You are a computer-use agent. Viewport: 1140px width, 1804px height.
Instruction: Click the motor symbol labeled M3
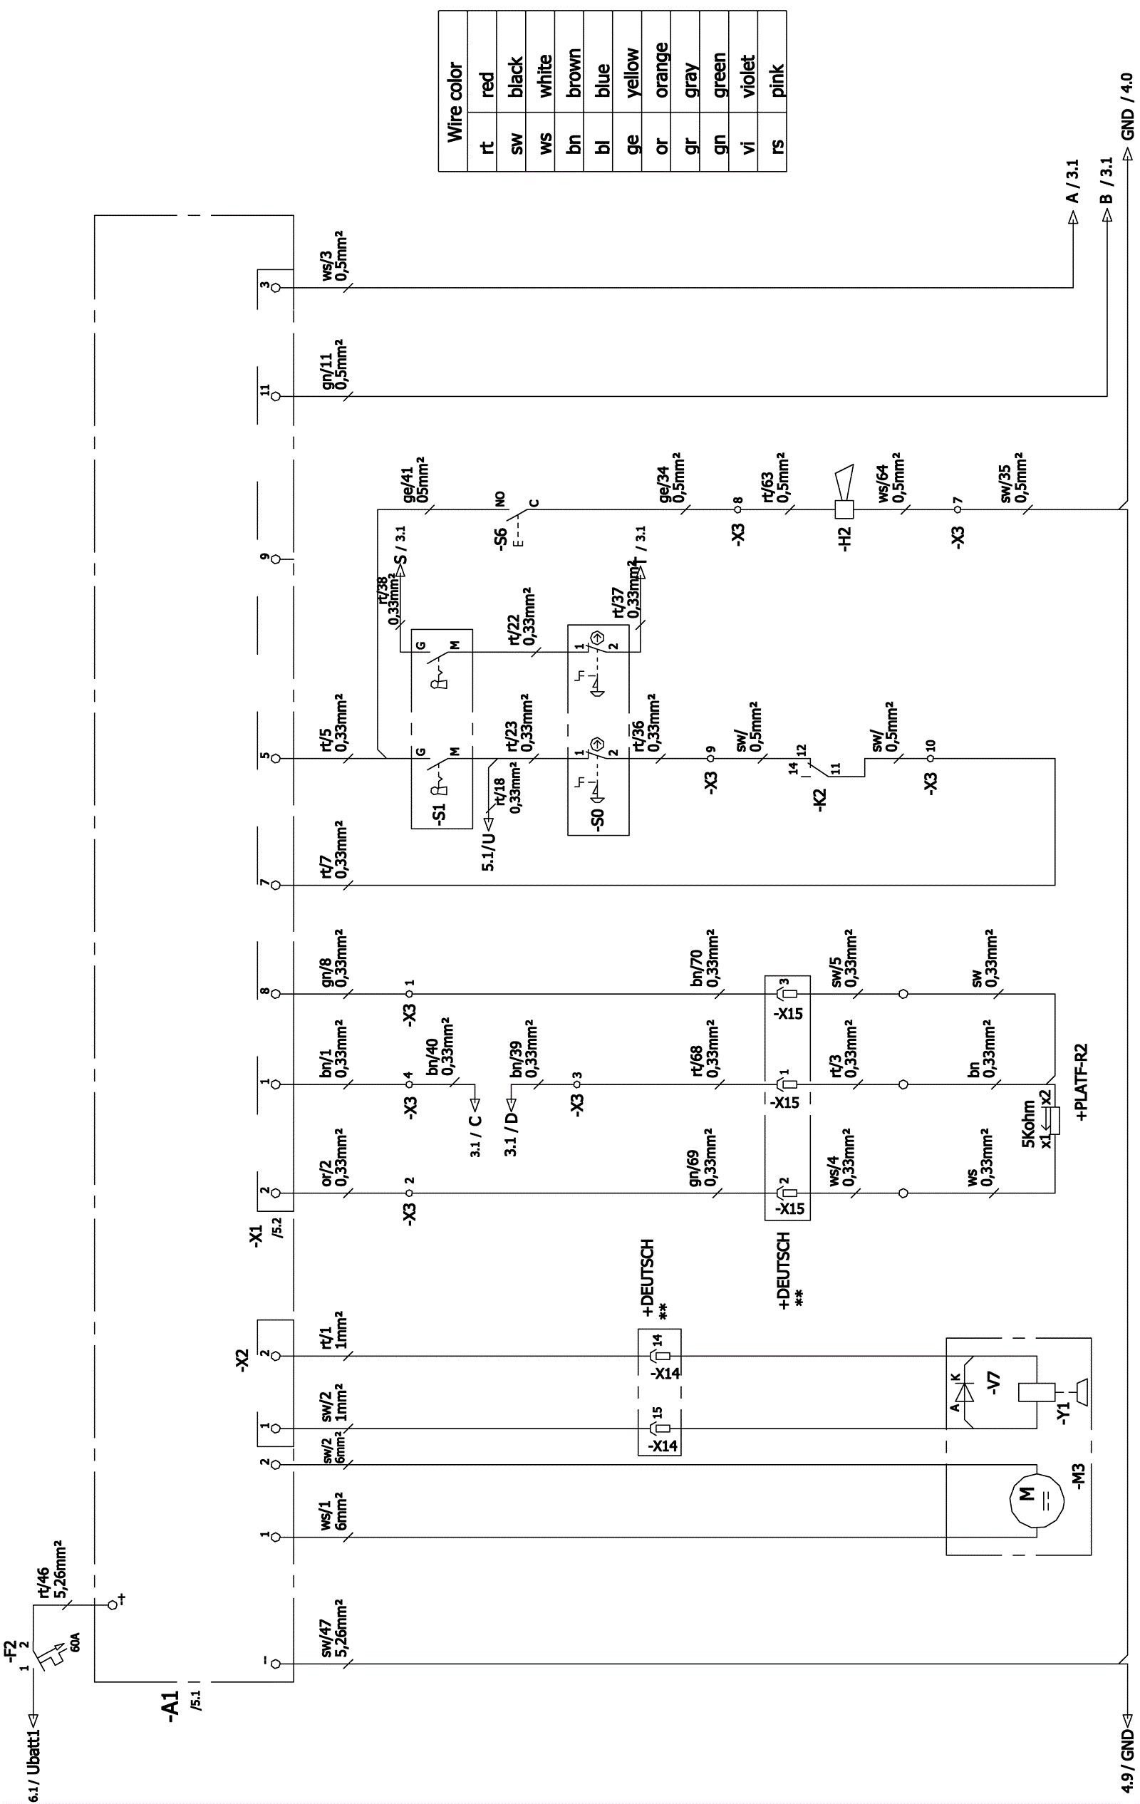coord(1037,1496)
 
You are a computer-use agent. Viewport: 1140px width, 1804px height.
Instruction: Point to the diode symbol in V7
coord(965,1391)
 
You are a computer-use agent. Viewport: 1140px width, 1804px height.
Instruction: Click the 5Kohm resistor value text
coord(1028,1124)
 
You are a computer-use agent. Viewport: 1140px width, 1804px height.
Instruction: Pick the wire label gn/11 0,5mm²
coord(334,364)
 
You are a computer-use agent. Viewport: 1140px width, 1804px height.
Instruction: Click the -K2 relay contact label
coord(821,799)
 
